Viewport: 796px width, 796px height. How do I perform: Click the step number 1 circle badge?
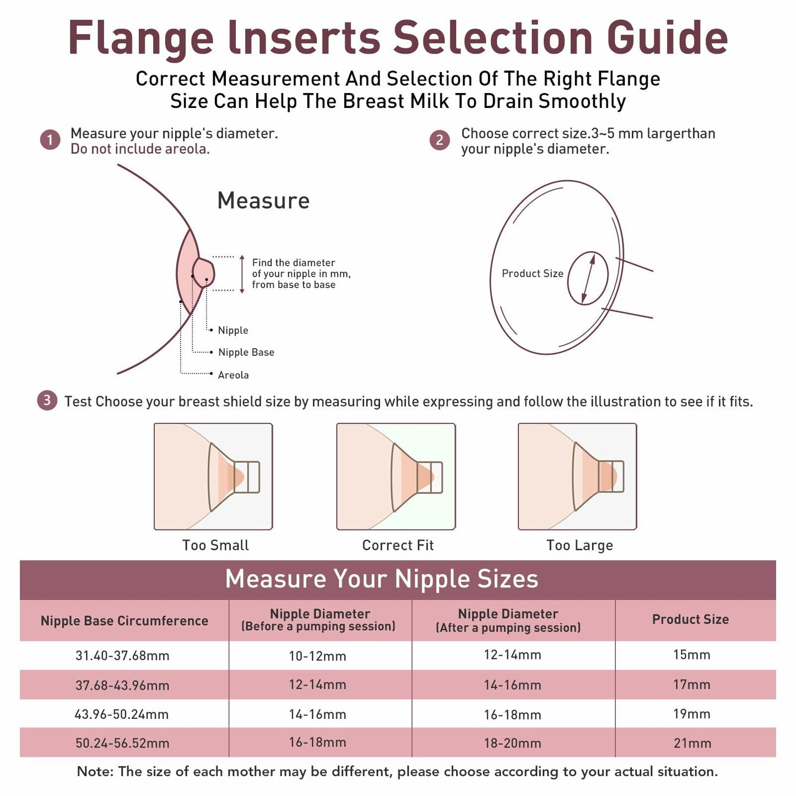tap(50, 140)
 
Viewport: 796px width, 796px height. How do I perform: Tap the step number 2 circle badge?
tap(440, 140)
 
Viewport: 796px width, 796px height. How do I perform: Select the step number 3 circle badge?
tap(47, 400)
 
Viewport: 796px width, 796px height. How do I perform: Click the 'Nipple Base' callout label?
tap(246, 353)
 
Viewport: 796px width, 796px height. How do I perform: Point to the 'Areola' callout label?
tap(233, 375)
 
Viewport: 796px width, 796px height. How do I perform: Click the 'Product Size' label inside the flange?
tap(532, 274)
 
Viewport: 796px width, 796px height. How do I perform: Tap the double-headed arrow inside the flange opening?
tap(588, 278)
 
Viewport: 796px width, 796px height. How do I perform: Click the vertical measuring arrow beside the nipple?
tap(242, 274)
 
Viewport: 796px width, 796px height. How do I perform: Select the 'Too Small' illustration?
tap(213, 476)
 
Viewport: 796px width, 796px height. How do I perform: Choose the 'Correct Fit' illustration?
tap(396, 476)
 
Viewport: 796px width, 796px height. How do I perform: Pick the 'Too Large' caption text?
tap(580, 545)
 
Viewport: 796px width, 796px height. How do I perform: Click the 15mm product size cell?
tap(692, 655)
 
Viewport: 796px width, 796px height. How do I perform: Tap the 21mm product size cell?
tap(692, 743)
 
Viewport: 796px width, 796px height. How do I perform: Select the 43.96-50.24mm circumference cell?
tap(122, 714)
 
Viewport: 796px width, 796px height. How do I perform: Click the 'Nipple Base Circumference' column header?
tap(124, 621)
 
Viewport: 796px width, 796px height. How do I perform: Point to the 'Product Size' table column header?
tap(690, 620)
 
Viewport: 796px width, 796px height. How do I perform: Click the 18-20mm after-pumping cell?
tap(512, 743)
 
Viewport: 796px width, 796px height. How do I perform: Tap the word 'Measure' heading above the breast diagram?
tap(263, 201)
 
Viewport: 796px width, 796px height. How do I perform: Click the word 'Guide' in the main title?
tap(667, 38)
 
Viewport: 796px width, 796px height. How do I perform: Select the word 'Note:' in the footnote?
tap(95, 772)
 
